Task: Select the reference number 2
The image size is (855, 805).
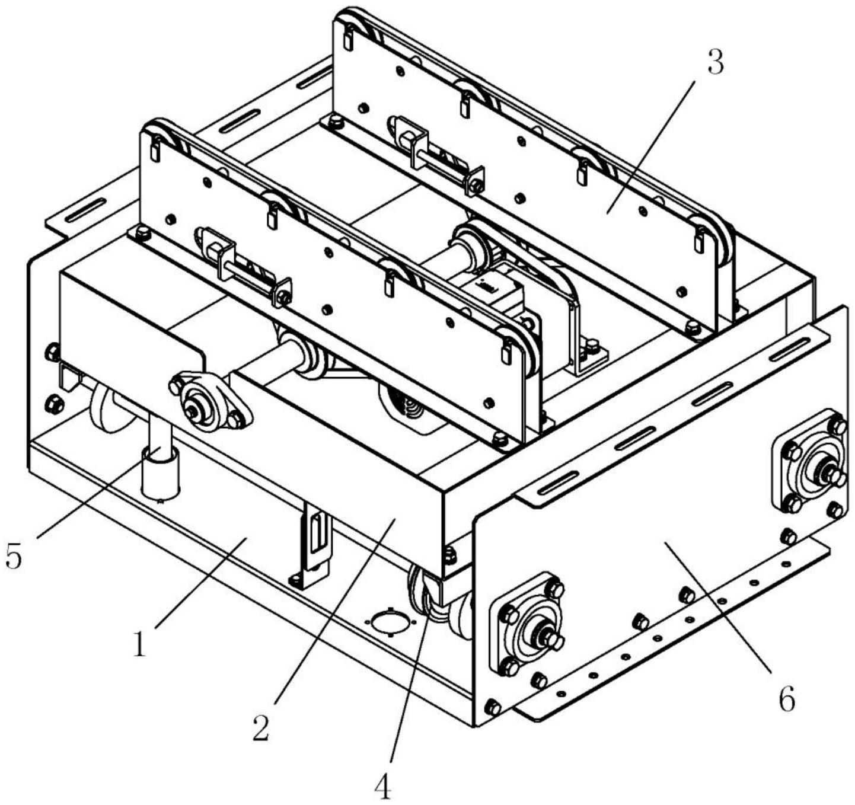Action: (261, 727)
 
